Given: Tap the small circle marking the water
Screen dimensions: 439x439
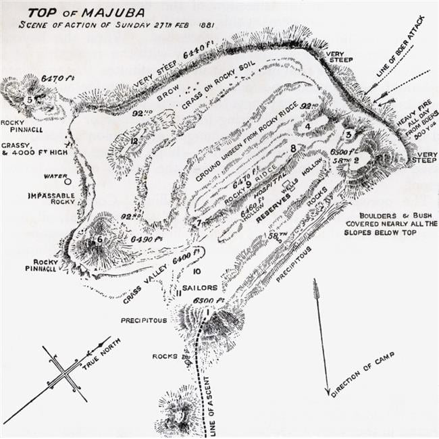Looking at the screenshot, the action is (68, 181).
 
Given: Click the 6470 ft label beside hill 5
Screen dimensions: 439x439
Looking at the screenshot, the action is (57, 78).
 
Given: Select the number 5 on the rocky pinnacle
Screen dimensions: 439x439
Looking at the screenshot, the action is (29, 99).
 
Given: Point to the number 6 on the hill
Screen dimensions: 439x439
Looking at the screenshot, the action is (99, 238).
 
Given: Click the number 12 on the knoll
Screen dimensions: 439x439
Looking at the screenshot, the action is (134, 141).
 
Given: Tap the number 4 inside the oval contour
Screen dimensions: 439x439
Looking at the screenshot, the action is (307, 126).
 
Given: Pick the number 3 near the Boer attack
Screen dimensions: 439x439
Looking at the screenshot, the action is (348, 134).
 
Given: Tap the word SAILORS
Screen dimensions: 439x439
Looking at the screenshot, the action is (199, 288).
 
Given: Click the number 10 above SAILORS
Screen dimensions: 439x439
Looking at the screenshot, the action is (196, 271).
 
